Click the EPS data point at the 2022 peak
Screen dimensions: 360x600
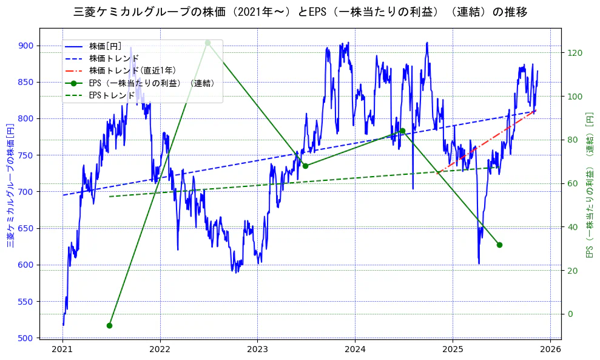click(x=207, y=42)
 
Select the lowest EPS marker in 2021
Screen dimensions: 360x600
click(x=109, y=325)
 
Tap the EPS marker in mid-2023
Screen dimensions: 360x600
click(x=305, y=166)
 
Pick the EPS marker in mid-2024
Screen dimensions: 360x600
click(x=402, y=131)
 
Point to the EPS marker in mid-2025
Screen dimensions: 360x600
click(x=499, y=245)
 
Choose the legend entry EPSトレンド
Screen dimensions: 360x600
click(x=112, y=95)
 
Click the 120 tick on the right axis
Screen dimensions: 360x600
click(x=575, y=53)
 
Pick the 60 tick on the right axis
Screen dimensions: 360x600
click(x=573, y=183)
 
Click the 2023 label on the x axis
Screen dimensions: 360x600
click(x=257, y=350)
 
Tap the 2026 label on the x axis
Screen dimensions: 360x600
click(x=550, y=350)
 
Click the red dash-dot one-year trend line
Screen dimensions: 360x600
click(x=485, y=140)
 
